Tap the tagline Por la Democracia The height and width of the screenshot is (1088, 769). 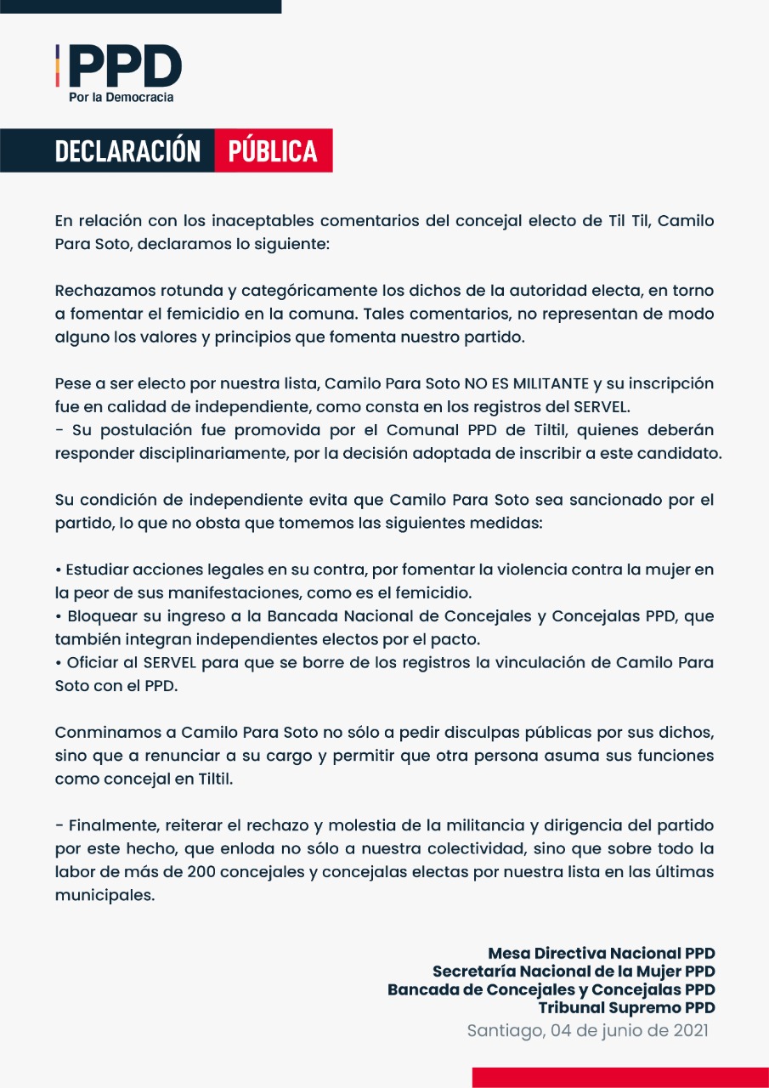[x=121, y=98]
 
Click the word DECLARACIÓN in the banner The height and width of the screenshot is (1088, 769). [x=127, y=151]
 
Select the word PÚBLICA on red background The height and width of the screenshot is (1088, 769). [x=273, y=151]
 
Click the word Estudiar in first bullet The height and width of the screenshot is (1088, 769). [x=94, y=569]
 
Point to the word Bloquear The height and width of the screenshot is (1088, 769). [x=97, y=616]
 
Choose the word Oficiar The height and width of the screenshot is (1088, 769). [x=88, y=663]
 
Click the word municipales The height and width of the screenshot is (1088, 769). [x=105, y=895]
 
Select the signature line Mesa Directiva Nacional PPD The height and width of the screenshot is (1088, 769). [x=601, y=953]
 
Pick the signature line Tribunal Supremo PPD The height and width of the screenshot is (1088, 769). [x=626, y=1008]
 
